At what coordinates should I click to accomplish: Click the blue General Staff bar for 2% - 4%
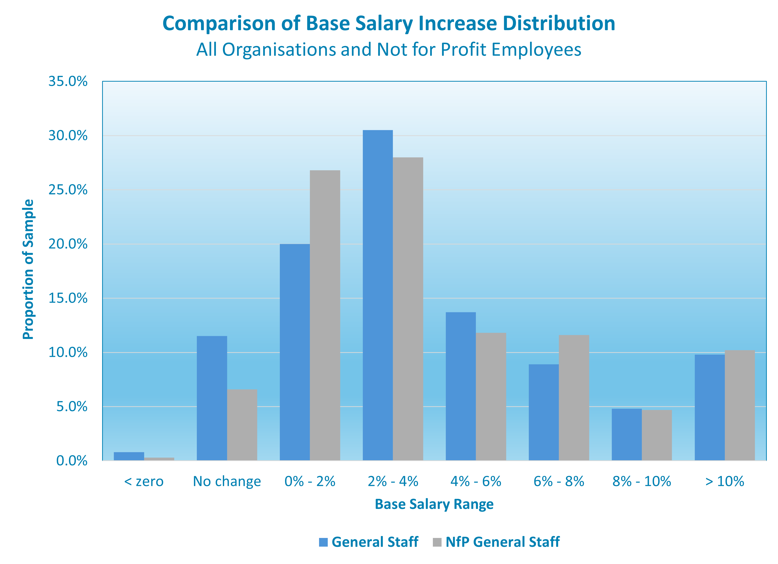tap(378, 295)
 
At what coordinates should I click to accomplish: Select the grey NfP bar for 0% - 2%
tap(325, 315)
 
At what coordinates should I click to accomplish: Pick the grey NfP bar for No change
tap(242, 425)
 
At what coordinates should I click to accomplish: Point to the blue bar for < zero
tap(129, 456)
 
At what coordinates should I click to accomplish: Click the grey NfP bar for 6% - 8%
tap(574, 398)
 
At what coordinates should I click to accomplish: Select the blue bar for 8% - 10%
tap(626, 434)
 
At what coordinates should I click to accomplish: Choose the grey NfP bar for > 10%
tap(740, 405)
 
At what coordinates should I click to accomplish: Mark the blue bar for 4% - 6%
tap(461, 386)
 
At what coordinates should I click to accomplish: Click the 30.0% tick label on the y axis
tap(68, 136)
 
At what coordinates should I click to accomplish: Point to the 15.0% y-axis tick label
tap(68, 298)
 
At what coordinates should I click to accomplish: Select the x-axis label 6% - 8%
tap(559, 481)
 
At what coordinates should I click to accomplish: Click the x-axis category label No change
tap(227, 481)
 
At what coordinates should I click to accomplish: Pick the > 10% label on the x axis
tap(725, 481)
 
